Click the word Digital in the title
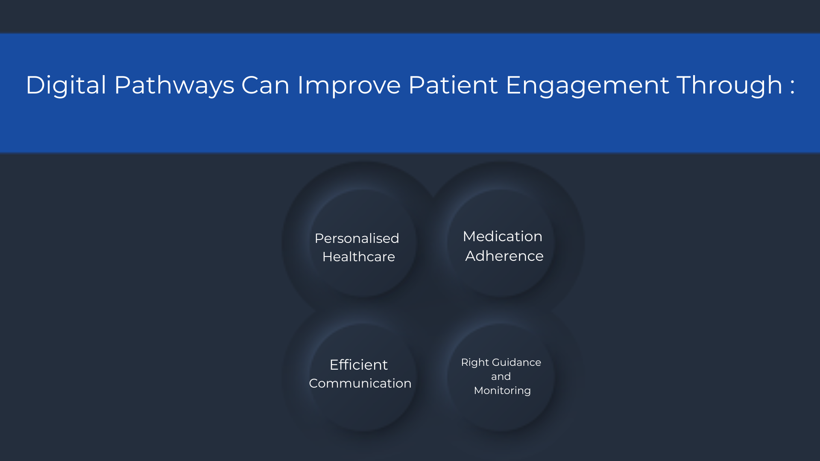[66, 85]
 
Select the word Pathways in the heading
[174, 85]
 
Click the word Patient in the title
[453, 85]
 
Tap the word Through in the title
[729, 85]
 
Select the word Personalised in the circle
[357, 238]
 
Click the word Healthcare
[359, 257]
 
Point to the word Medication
[503, 236]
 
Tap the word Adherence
[504, 256]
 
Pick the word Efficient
[359, 365]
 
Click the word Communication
[360, 383]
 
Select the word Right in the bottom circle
[475, 363]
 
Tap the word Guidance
[516, 362]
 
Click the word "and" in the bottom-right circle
[501, 376]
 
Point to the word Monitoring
[502, 391]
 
